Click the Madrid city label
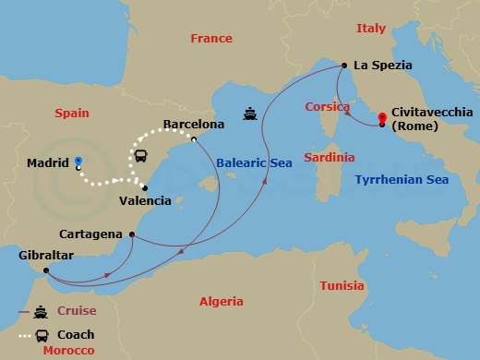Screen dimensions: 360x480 coord(48,163)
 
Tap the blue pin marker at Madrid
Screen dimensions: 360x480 coord(78,162)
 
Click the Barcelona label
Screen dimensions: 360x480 coord(194,124)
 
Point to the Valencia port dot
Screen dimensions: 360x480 coord(144,187)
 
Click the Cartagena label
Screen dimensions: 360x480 coord(90,234)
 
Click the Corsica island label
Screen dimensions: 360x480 coord(327,107)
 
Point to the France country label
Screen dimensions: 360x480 coord(210,39)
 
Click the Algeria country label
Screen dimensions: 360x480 coord(222,302)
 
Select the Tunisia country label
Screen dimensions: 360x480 coord(342,286)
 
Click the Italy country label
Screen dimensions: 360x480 coord(371,29)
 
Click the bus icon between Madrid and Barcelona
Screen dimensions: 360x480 coord(142,156)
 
